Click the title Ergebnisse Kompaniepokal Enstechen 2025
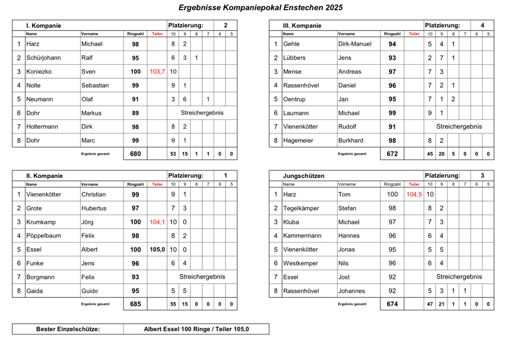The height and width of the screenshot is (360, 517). point(260,8)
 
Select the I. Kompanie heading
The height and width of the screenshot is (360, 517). point(44,25)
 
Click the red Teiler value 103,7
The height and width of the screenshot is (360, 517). point(157,72)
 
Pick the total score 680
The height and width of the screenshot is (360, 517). point(135,154)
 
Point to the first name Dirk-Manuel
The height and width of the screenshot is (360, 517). point(355,44)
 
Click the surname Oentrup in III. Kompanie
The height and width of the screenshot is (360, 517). point(295,99)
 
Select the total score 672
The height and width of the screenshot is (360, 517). point(392,154)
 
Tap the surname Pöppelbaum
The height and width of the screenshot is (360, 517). point(44,236)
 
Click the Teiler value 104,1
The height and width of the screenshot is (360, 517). point(157,222)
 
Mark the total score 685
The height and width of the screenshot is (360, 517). point(135,304)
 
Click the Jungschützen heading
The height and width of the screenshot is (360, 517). point(304,176)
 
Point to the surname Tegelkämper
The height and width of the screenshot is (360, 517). point(301,208)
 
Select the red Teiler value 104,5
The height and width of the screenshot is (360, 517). point(414,194)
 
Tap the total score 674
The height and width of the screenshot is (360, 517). point(392,304)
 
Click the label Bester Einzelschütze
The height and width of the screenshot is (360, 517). point(68,329)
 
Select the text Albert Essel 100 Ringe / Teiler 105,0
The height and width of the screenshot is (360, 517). point(196,329)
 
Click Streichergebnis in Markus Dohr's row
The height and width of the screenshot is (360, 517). point(202,113)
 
